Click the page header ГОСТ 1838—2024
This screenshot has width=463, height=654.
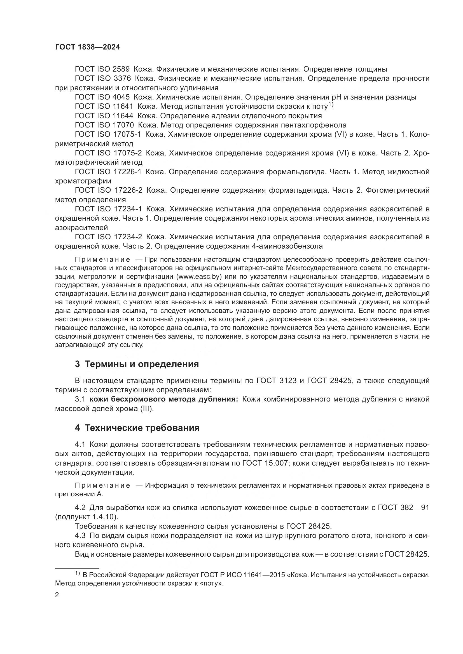click(x=88, y=47)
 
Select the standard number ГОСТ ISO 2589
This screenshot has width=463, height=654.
click(x=102, y=69)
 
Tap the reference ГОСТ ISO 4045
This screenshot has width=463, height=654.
click(x=102, y=97)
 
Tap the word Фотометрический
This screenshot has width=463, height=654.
click(x=397, y=190)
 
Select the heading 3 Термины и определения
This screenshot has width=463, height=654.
click(x=137, y=364)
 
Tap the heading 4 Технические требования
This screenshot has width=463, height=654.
click(x=137, y=428)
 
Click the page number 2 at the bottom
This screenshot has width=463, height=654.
click(x=57, y=595)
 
